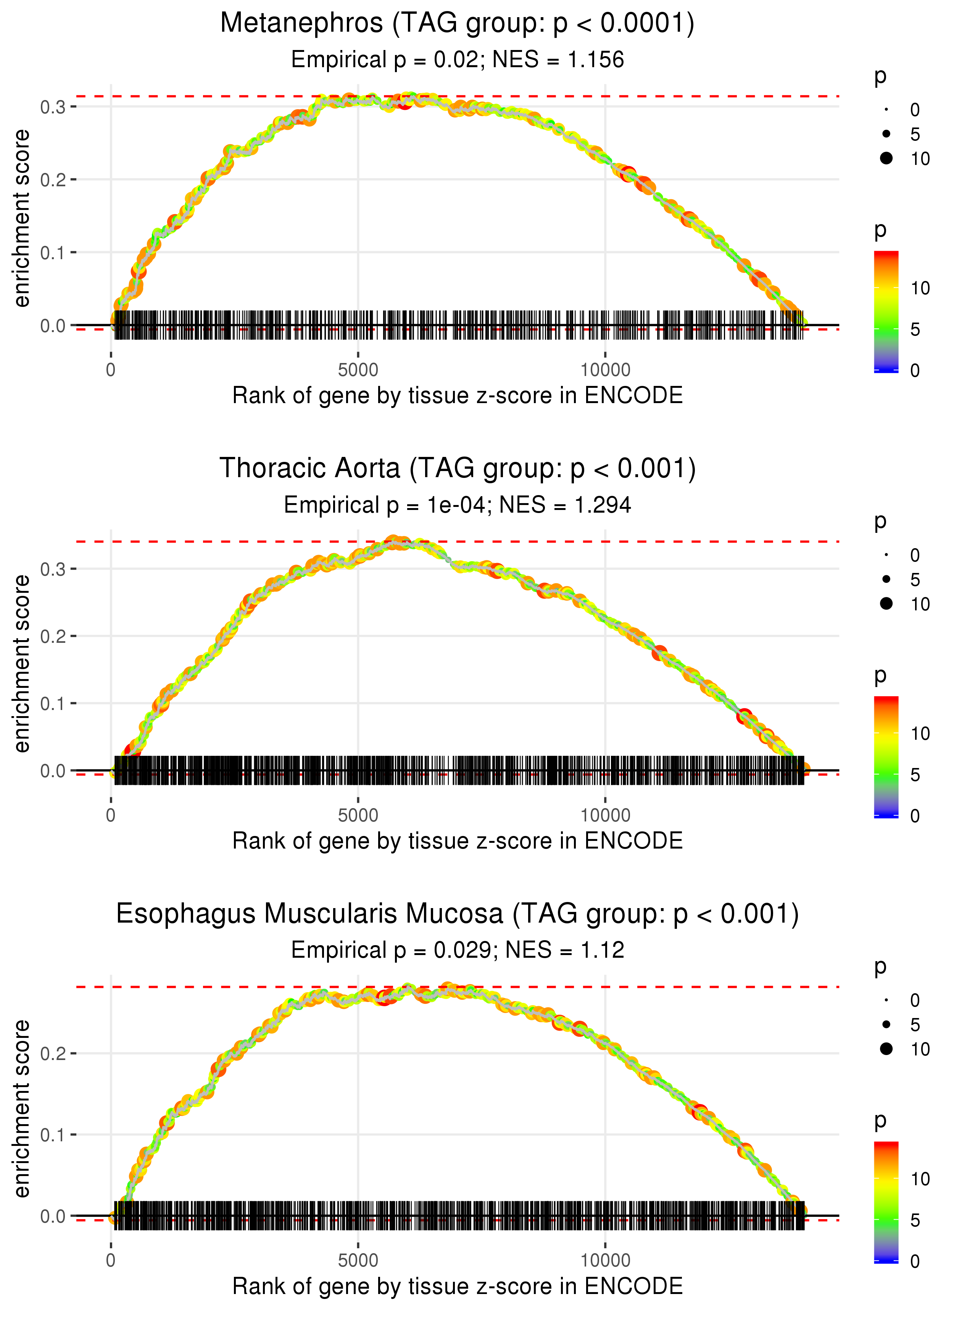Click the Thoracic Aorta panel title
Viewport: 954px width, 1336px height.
point(457,469)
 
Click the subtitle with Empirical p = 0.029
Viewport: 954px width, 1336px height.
point(457,950)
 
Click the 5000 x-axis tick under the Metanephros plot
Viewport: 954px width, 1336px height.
point(358,370)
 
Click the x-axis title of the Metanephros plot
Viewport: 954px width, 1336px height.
point(457,396)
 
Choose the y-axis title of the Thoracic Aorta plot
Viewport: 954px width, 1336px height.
point(22,664)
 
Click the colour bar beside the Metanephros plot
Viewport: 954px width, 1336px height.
point(886,311)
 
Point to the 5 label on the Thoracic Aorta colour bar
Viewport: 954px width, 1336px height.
point(915,775)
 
